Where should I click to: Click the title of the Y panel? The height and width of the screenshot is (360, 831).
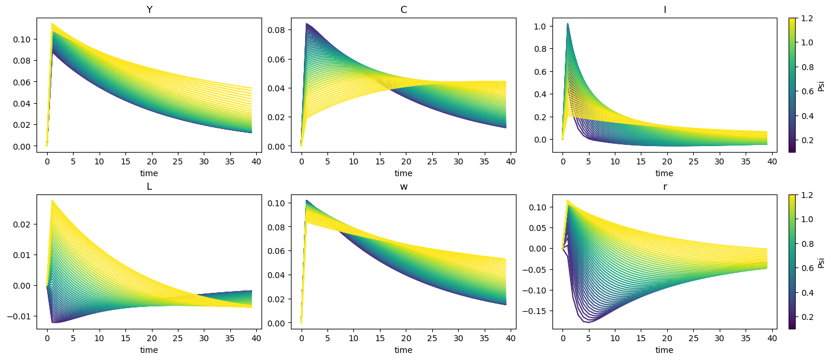pyautogui.click(x=149, y=9)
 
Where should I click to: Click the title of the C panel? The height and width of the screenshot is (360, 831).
pyautogui.click(x=403, y=9)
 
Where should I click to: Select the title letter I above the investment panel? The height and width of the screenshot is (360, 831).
pyautogui.click(x=664, y=9)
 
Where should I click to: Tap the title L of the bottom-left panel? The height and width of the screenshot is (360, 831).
pyautogui.click(x=149, y=187)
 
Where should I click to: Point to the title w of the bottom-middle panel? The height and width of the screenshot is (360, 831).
pyautogui.click(x=403, y=187)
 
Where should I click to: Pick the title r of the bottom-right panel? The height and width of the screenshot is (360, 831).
pyautogui.click(x=664, y=187)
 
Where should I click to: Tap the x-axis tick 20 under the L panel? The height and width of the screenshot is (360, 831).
pyautogui.click(x=151, y=338)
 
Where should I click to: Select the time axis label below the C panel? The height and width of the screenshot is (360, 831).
pyautogui.click(x=403, y=173)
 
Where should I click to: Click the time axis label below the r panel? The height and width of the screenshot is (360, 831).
pyautogui.click(x=664, y=350)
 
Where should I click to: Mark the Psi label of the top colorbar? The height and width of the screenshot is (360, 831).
pyautogui.click(x=821, y=85)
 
